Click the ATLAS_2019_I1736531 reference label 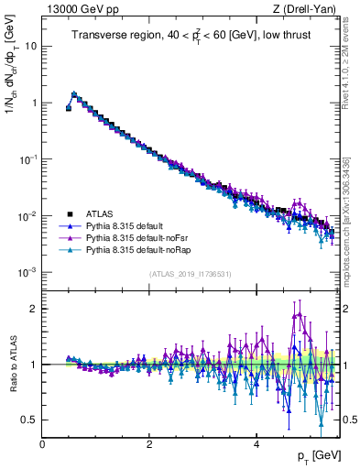[x=191, y=273]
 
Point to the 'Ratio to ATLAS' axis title [x=12, y=364]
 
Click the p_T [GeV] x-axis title [x=314, y=455]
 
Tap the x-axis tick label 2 [x=149, y=444]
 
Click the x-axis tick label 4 [x=256, y=444]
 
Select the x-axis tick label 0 [x=42, y=444]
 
